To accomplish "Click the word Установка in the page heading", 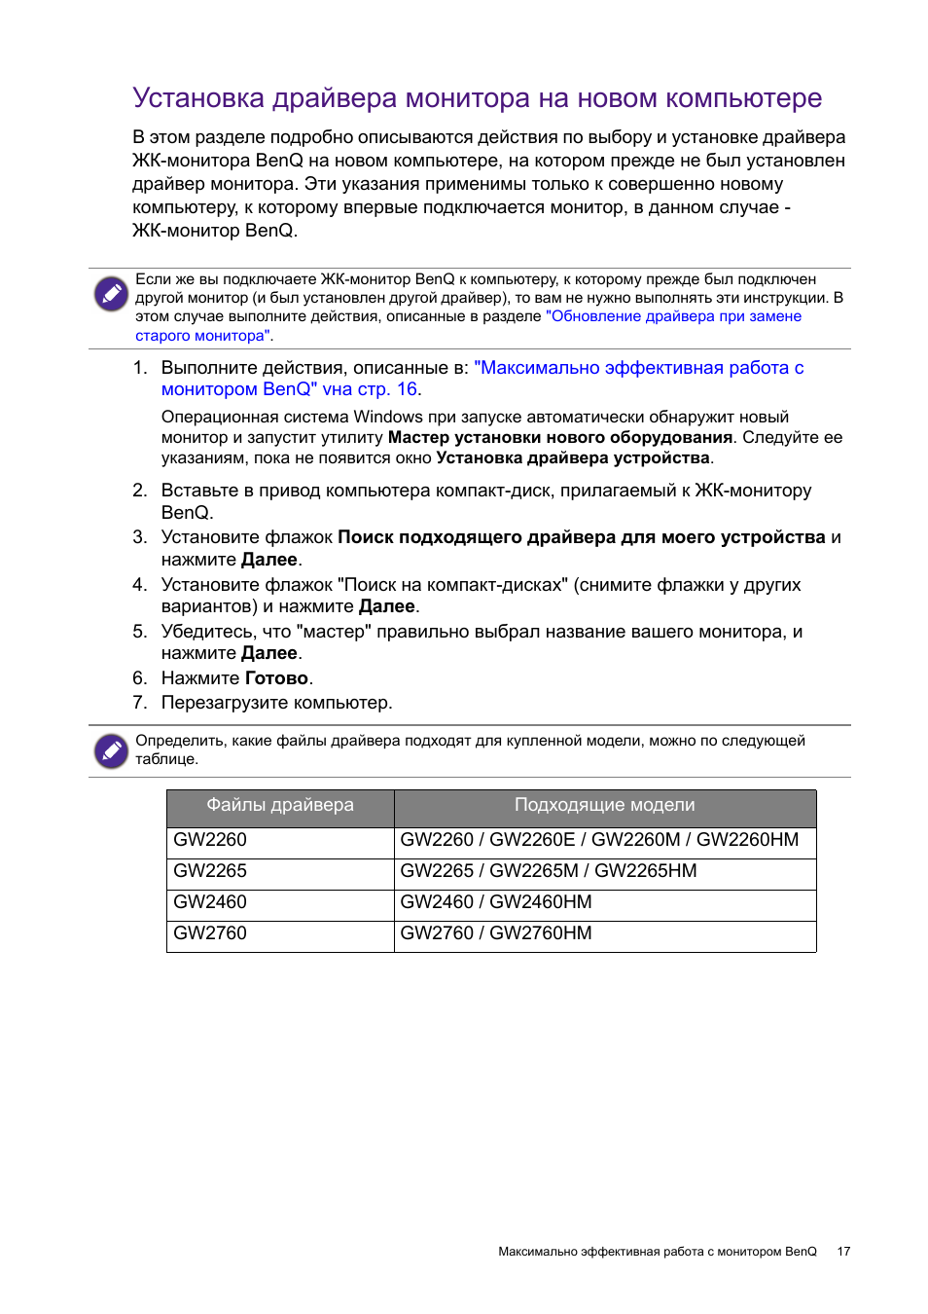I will (198, 98).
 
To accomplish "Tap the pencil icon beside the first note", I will (111, 293).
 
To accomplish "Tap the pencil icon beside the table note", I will (111, 750).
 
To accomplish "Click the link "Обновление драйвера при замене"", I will (673, 316).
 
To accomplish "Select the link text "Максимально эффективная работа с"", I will (638, 368).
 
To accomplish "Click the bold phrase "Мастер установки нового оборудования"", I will (559, 438).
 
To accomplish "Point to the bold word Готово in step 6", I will (276, 678).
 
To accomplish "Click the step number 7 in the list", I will (140, 703).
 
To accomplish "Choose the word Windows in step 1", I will (387, 418).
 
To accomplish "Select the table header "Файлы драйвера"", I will (280, 806).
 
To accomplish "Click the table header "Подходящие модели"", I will (604, 806).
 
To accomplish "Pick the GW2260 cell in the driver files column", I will (210, 840).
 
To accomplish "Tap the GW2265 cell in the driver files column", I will (210, 871).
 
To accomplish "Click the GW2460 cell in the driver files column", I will (210, 902).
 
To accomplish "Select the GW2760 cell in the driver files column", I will (210, 933).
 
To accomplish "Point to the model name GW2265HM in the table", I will (645, 871).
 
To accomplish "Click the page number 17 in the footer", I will (843, 1252).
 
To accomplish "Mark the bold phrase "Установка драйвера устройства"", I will (573, 458).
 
